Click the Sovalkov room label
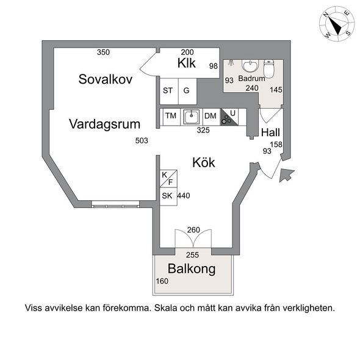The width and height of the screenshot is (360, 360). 106,79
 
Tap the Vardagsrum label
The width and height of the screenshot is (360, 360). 105,124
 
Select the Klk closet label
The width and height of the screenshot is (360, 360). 187,63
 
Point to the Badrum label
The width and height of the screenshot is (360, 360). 251,78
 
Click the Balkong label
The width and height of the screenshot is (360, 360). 192,269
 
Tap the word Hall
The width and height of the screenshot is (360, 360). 270,132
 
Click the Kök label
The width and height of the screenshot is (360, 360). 204,162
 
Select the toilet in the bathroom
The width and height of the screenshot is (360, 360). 268,68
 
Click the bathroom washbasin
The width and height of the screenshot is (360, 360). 250,66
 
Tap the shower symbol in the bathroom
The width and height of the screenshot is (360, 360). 231,63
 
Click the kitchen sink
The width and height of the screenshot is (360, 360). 191,117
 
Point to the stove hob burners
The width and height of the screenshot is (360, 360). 226,120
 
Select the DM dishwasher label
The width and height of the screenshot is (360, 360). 211,116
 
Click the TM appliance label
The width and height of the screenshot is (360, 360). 171,116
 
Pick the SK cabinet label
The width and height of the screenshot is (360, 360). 167,196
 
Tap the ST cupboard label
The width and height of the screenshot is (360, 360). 168,91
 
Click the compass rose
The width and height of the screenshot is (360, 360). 337,24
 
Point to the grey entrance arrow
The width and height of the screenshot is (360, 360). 286,175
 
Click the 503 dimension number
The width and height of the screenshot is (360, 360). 142,140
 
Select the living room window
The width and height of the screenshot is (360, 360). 115,204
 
